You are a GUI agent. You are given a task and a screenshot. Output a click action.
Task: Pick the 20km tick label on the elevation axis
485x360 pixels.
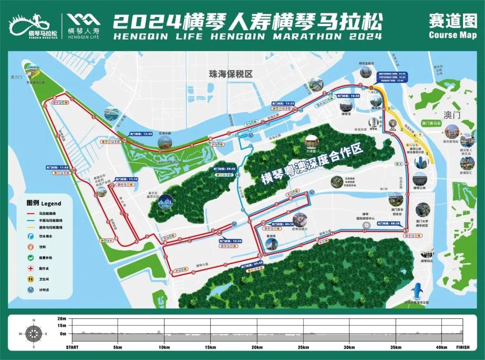click(257, 347)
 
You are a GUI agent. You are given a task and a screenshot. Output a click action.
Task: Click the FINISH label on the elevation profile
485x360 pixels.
click(463, 347)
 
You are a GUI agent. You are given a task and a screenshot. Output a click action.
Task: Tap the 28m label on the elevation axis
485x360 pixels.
click(62, 318)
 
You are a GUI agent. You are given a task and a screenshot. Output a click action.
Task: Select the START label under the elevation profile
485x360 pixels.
click(72, 347)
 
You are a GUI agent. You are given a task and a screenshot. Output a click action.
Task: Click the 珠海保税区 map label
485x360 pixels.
click(230, 74)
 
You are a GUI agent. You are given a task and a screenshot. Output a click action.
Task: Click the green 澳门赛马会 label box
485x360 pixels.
click(432, 122)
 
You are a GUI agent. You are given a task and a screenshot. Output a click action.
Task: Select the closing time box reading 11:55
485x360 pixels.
click(57, 167)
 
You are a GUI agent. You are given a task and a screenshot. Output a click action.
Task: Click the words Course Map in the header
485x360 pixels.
click(452, 35)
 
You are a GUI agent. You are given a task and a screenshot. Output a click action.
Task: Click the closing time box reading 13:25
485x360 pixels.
click(283, 103)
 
